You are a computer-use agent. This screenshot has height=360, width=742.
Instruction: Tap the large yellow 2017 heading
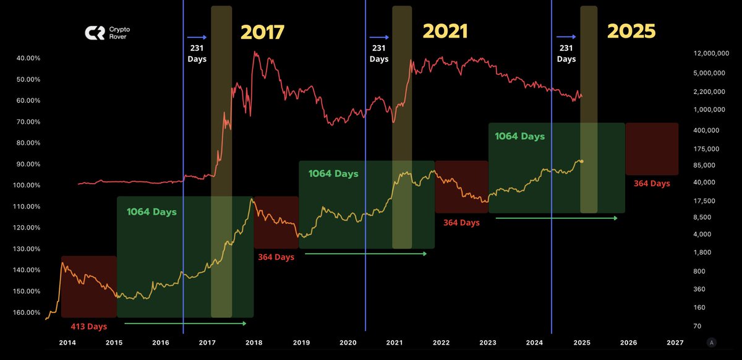coord(262,32)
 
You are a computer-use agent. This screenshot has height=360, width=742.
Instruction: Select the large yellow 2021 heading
coord(446,32)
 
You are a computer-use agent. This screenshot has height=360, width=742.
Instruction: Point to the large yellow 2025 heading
coord(631,32)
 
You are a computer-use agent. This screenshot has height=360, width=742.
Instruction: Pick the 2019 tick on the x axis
coord(301,343)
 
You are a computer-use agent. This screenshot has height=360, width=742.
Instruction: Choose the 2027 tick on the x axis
coord(675,343)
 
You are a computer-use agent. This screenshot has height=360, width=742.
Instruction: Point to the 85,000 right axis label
coord(703,165)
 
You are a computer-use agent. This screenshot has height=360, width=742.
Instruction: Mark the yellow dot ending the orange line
coord(582,161)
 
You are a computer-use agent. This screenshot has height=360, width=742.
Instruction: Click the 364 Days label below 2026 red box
coord(652,184)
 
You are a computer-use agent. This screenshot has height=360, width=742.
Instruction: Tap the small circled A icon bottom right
coord(712,342)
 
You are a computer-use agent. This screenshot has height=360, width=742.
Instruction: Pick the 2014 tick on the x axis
coord(67,343)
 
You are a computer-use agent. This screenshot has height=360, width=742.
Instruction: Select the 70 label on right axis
coord(696,326)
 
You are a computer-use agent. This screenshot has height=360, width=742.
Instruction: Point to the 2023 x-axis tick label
coord(488,343)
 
